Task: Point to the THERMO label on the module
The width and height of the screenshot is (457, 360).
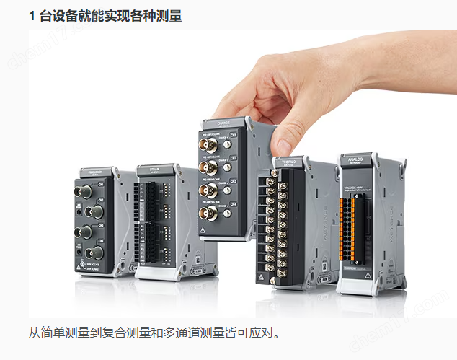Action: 288,161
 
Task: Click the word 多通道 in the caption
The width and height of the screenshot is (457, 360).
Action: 182,334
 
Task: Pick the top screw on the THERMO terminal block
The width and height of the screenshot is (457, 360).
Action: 274,173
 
